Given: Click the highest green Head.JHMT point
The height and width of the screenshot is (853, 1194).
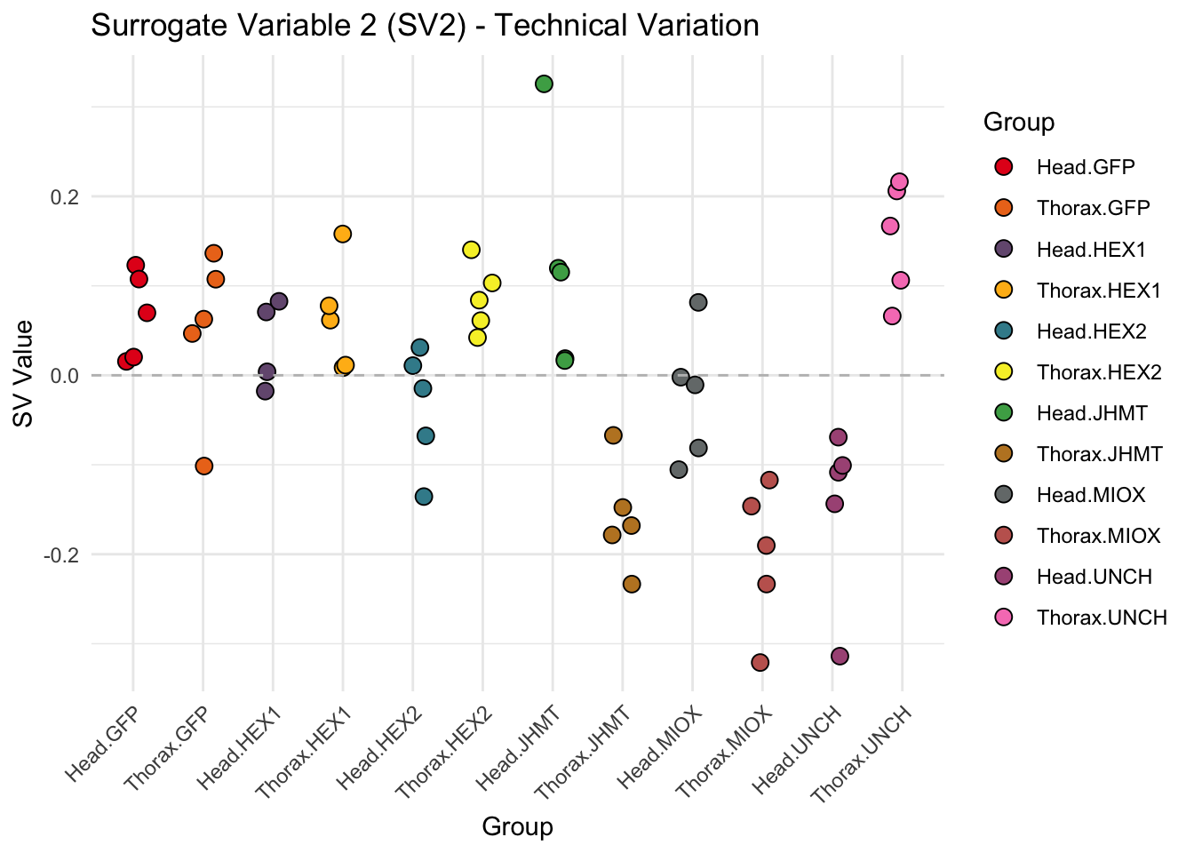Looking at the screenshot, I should click(545, 84).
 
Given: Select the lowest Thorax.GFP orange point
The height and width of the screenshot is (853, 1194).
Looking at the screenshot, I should click(203, 466).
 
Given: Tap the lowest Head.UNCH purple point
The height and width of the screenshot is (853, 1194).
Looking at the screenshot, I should click(840, 656).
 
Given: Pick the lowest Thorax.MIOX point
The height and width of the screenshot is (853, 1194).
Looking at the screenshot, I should click(760, 662).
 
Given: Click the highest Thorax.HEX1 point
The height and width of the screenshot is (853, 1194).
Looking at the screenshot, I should click(342, 234).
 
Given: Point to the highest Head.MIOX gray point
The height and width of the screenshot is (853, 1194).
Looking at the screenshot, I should click(698, 302).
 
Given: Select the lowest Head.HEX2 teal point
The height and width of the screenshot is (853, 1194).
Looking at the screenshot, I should click(424, 496).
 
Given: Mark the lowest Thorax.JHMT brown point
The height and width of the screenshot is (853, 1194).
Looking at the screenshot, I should click(632, 584).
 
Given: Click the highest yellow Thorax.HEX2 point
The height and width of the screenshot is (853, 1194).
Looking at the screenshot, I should click(471, 250).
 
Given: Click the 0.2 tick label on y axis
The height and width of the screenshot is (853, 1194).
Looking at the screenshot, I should click(63, 196).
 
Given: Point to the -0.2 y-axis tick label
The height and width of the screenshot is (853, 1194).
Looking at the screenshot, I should click(60, 554).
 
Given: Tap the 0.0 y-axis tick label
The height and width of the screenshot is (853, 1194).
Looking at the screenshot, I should click(63, 376).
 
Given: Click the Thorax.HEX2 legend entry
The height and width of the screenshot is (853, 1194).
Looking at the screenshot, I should click(1099, 372).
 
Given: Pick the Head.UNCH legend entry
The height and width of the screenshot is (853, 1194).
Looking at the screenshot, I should click(1094, 577).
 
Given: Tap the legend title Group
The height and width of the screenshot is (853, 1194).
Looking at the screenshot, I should click(1019, 123).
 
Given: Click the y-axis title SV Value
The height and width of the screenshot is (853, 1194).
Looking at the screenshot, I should click(24, 374).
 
